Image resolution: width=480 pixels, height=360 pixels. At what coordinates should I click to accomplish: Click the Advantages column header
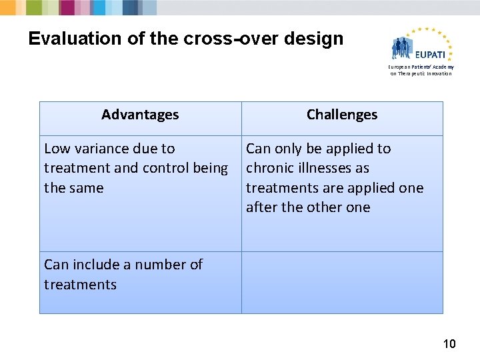pyautogui.click(x=140, y=115)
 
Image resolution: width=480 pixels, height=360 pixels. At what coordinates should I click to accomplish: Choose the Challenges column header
pyautogui.click(x=342, y=115)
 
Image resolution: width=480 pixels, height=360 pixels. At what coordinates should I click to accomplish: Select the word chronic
pyautogui.click(x=269, y=168)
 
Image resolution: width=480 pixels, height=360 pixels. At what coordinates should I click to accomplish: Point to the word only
pyautogui.click(x=287, y=149)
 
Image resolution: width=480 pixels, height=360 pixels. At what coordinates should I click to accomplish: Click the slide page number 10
pyautogui.click(x=449, y=344)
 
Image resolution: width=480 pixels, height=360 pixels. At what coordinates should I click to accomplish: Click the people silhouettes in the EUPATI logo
pyautogui.click(x=405, y=48)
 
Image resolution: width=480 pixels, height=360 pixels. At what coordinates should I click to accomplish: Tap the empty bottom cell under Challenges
pyautogui.click(x=342, y=282)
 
